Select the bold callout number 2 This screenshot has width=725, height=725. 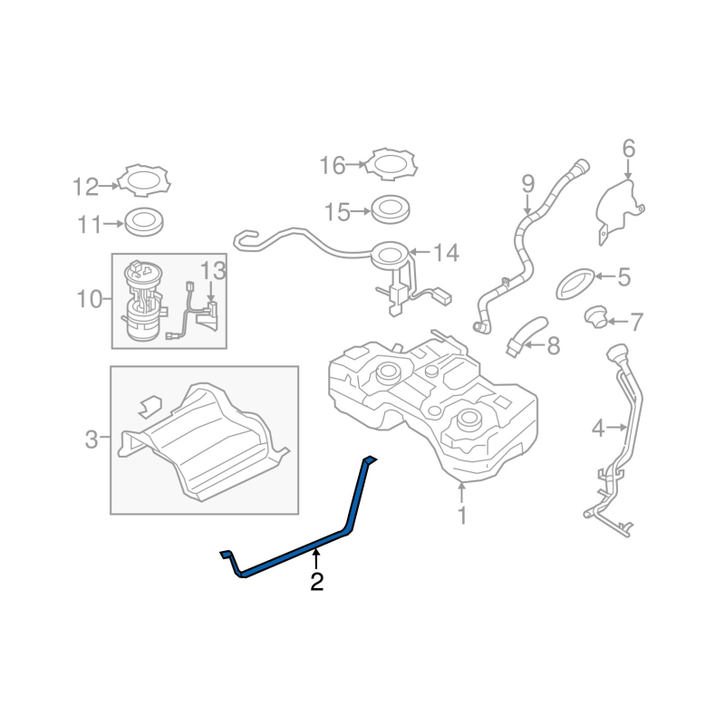[x=316, y=582]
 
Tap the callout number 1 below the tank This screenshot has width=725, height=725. [x=462, y=516]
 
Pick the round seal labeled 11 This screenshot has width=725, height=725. [x=144, y=221]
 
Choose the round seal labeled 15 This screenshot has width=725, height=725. [x=391, y=209]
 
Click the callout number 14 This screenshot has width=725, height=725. [x=445, y=254]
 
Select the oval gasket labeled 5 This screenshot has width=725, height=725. [x=575, y=284]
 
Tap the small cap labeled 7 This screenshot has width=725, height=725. [x=596, y=316]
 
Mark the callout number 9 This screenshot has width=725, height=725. [x=527, y=184]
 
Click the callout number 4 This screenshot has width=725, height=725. [x=598, y=429]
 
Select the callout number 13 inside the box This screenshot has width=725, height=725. [x=213, y=270]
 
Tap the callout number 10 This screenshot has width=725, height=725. [x=89, y=300]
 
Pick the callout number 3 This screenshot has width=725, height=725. [x=92, y=440]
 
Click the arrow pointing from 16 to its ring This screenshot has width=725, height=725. [x=355, y=164]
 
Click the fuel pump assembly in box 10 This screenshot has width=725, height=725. [x=141, y=301]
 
